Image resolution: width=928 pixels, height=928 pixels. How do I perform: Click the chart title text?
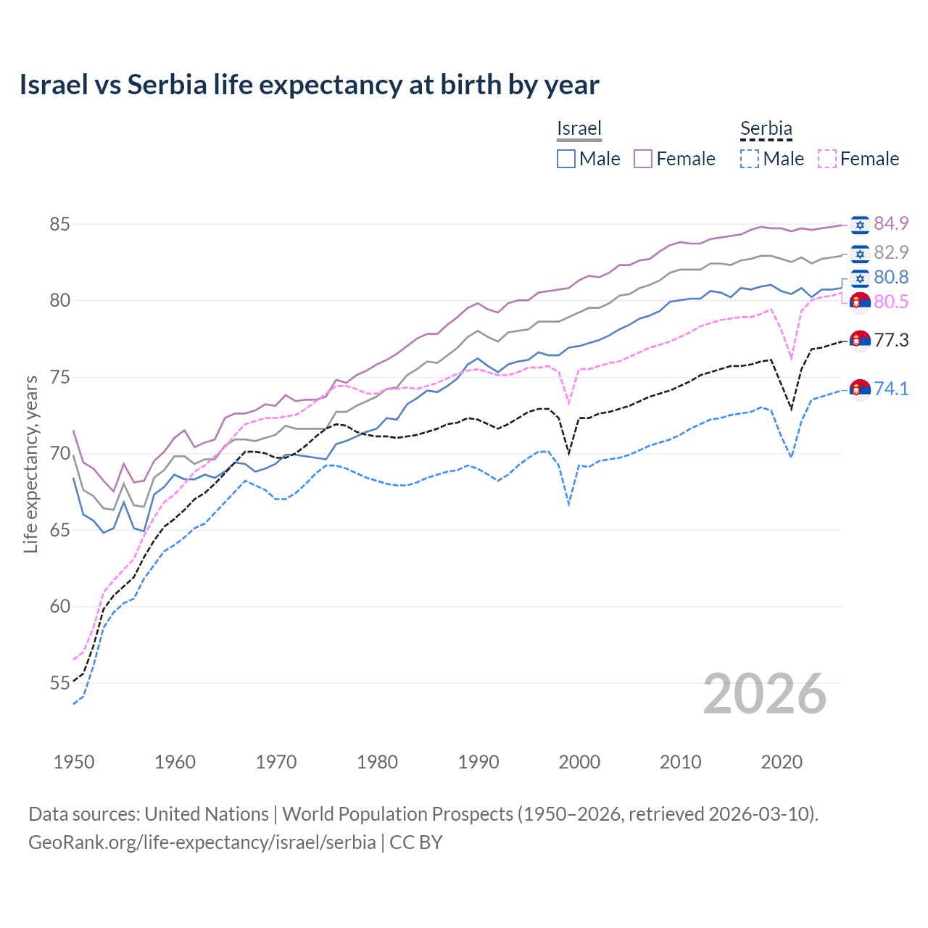click(309, 85)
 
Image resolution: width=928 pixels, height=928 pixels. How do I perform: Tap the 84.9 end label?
click(891, 224)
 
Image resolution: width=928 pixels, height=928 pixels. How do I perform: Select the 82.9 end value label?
click(891, 252)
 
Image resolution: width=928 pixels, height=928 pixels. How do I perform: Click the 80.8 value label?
click(891, 278)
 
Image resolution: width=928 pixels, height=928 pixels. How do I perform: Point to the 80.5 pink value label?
click(891, 302)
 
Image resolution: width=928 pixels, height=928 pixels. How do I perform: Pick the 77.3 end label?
click(891, 340)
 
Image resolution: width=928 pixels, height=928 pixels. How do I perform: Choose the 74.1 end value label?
click(891, 389)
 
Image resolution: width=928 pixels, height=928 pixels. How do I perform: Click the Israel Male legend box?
click(566, 159)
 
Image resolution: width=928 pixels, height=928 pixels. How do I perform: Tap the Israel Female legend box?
click(643, 159)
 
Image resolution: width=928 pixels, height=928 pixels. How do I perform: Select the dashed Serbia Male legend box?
click(750, 159)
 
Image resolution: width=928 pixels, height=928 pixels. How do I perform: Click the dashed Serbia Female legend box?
click(827, 159)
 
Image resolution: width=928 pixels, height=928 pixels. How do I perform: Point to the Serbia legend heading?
click(766, 129)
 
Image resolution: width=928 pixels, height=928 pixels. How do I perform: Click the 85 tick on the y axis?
click(59, 224)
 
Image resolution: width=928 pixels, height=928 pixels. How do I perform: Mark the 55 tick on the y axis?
click(59, 683)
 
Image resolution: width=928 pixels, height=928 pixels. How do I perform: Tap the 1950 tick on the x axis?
click(74, 762)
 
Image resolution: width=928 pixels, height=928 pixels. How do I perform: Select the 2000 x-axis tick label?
click(579, 762)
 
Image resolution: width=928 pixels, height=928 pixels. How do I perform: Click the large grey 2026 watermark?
click(765, 694)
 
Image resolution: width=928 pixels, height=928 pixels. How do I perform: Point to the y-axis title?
click(31, 464)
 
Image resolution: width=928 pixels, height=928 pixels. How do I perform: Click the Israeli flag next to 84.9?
click(860, 225)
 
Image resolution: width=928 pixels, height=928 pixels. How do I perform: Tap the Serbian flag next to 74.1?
click(860, 389)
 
